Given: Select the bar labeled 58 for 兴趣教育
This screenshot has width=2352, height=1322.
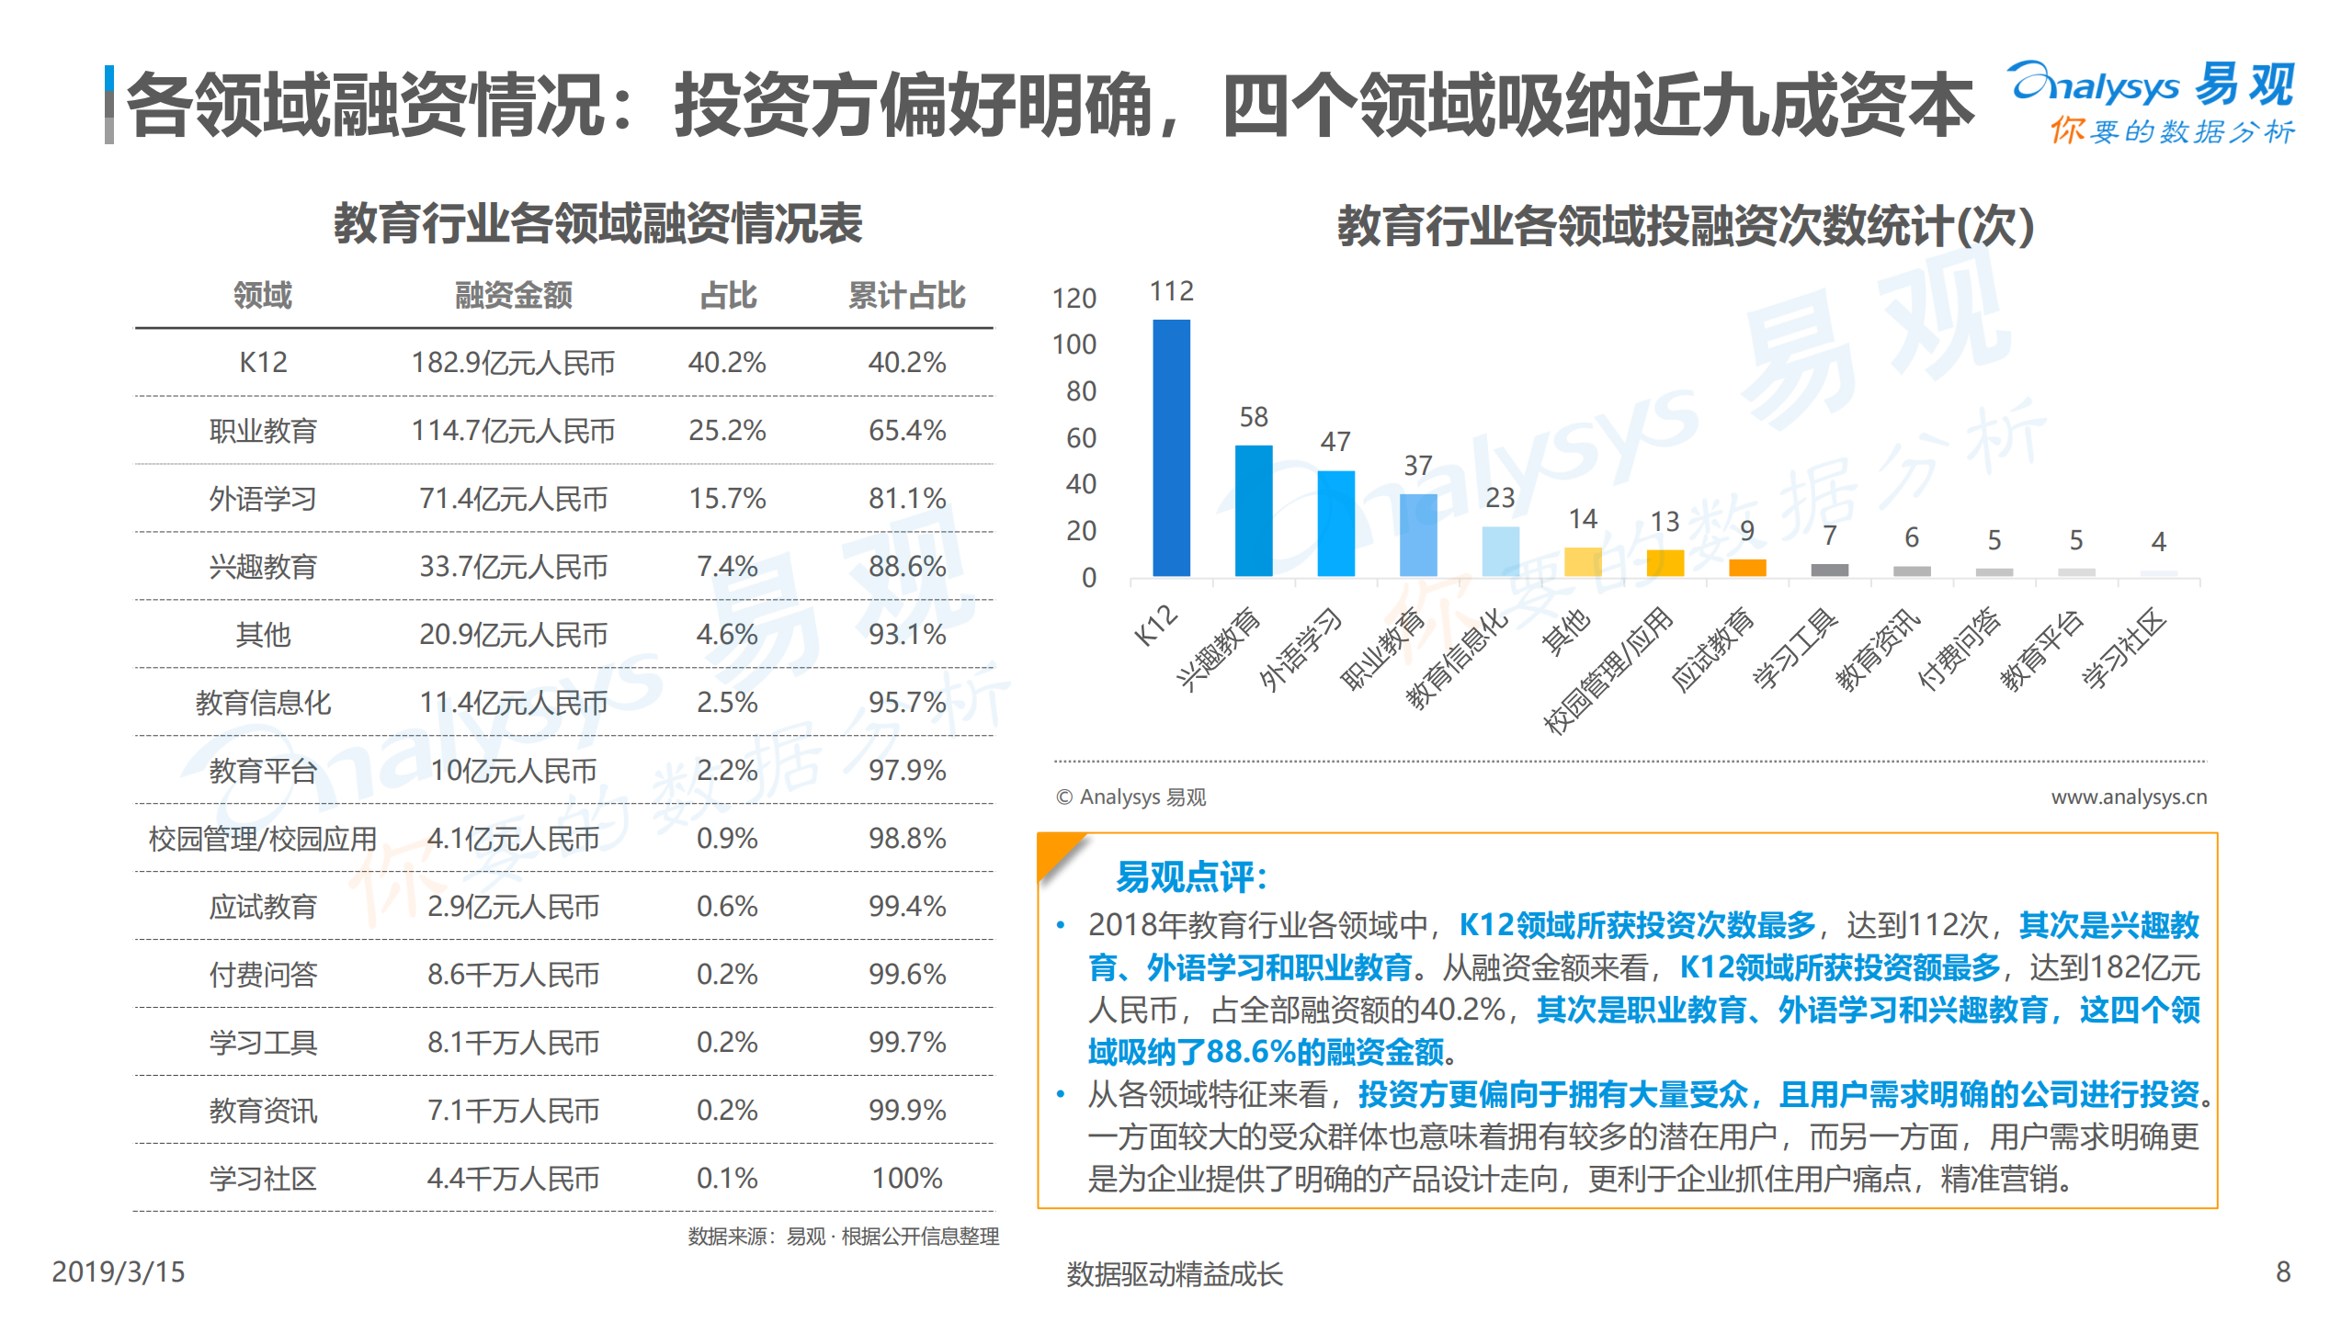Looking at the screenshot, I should (x=1253, y=511).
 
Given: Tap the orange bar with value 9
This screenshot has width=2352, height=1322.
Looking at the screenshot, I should (x=1746, y=568).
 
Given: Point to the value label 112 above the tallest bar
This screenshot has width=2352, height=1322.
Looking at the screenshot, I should (x=1171, y=291).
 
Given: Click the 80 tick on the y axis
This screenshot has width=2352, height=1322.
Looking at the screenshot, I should (x=1080, y=391).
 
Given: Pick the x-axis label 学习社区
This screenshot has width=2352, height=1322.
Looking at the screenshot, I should (x=2126, y=649).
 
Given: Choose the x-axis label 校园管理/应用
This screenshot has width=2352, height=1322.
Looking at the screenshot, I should (x=1609, y=671).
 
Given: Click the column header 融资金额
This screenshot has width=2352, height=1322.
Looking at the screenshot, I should (x=513, y=295).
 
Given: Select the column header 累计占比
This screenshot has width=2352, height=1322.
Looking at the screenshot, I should (x=906, y=295).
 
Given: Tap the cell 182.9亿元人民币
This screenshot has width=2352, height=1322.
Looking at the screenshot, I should (x=513, y=363).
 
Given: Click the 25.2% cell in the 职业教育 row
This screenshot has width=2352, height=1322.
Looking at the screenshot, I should (x=726, y=430).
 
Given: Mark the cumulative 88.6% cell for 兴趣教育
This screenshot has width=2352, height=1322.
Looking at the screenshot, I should (x=906, y=566).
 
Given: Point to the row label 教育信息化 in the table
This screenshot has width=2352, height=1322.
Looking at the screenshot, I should (x=263, y=703).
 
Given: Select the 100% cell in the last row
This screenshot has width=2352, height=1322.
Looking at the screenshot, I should (x=906, y=1178).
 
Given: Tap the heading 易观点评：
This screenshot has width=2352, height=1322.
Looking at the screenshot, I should (x=1191, y=877).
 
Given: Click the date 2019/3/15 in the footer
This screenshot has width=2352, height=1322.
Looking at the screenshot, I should (x=118, y=1271).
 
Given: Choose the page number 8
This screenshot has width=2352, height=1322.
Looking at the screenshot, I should (x=2282, y=1271).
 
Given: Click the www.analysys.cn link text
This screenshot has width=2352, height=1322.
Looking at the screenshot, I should (x=2128, y=797).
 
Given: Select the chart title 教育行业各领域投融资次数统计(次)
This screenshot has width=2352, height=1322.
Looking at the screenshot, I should (x=1684, y=226).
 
